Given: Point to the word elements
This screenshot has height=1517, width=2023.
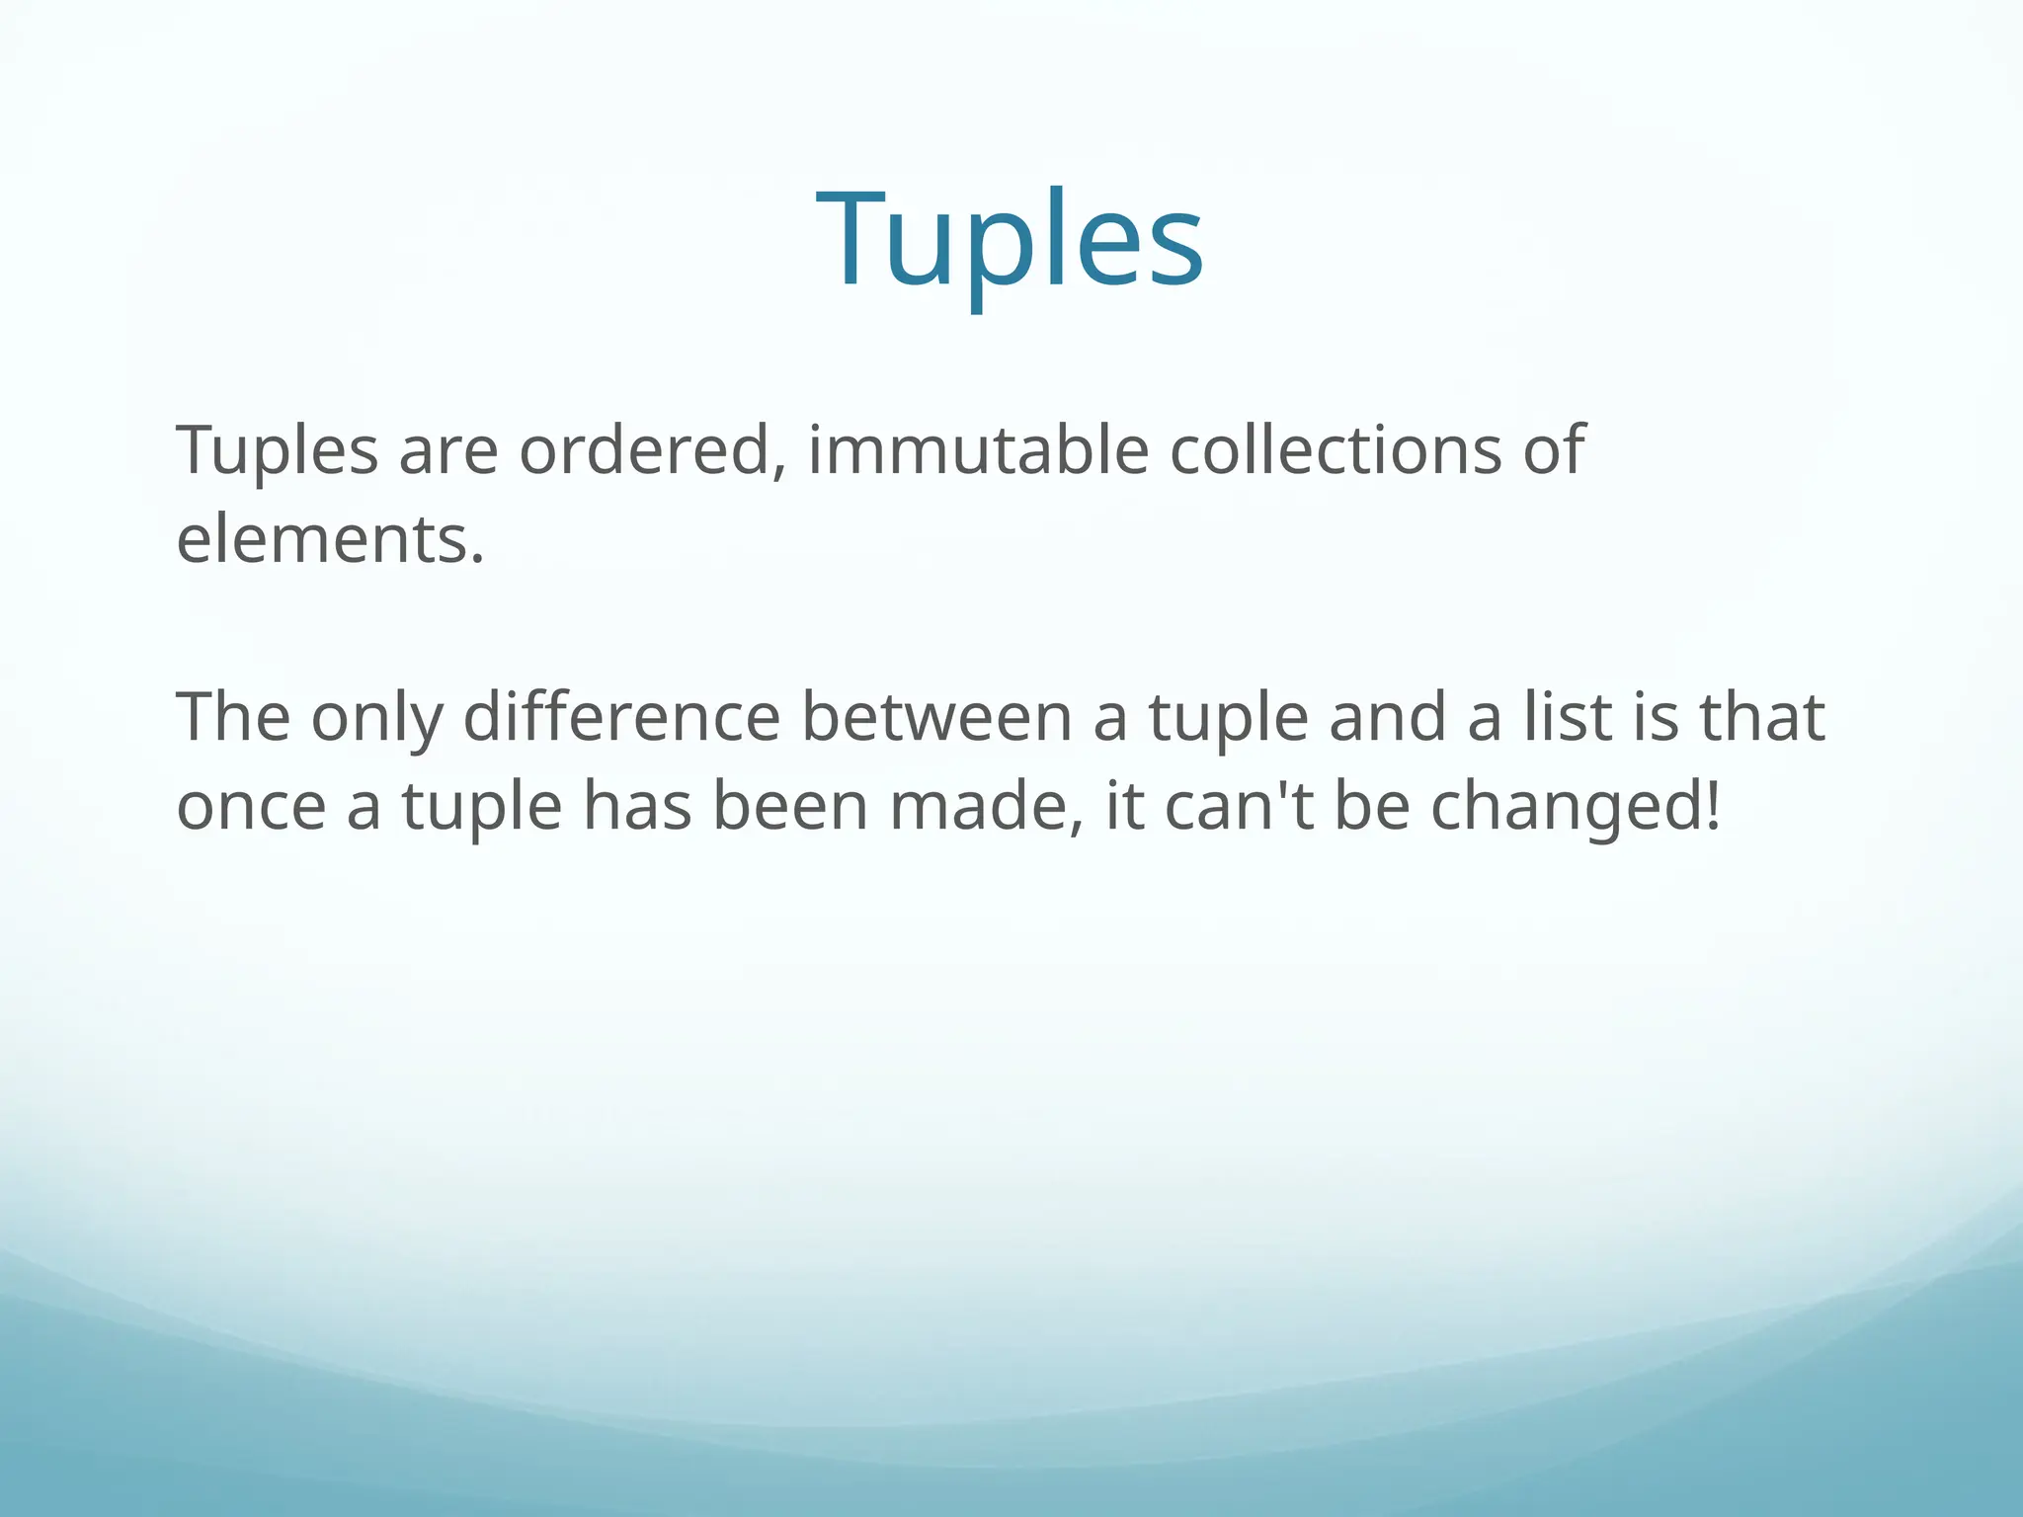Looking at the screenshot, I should click(330, 540).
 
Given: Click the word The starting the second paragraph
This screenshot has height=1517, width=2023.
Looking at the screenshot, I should click(233, 718).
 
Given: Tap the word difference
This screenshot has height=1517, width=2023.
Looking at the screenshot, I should click(621, 718).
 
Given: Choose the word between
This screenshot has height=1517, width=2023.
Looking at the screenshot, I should click(936, 718).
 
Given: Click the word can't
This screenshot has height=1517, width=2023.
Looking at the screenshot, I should click(1240, 807).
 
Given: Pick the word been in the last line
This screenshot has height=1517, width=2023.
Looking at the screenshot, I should click(789, 807).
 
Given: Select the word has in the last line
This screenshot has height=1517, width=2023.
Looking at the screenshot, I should click(637, 807).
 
